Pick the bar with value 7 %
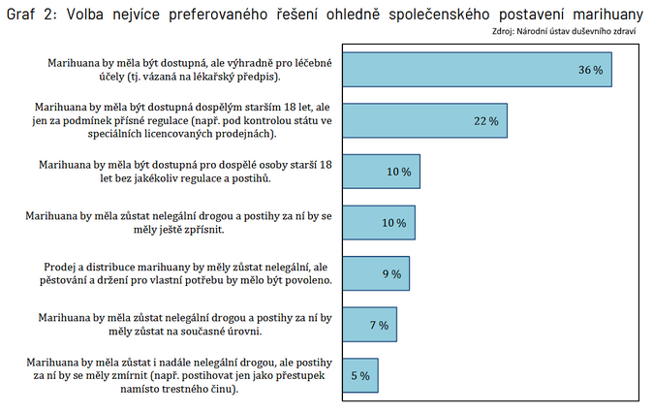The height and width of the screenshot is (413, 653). (369, 325)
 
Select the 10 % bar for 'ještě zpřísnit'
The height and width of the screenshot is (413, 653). (379, 223)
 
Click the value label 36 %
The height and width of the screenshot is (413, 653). (590, 71)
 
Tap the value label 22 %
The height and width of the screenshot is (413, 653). (485, 121)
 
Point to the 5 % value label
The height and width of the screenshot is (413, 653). (359, 376)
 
